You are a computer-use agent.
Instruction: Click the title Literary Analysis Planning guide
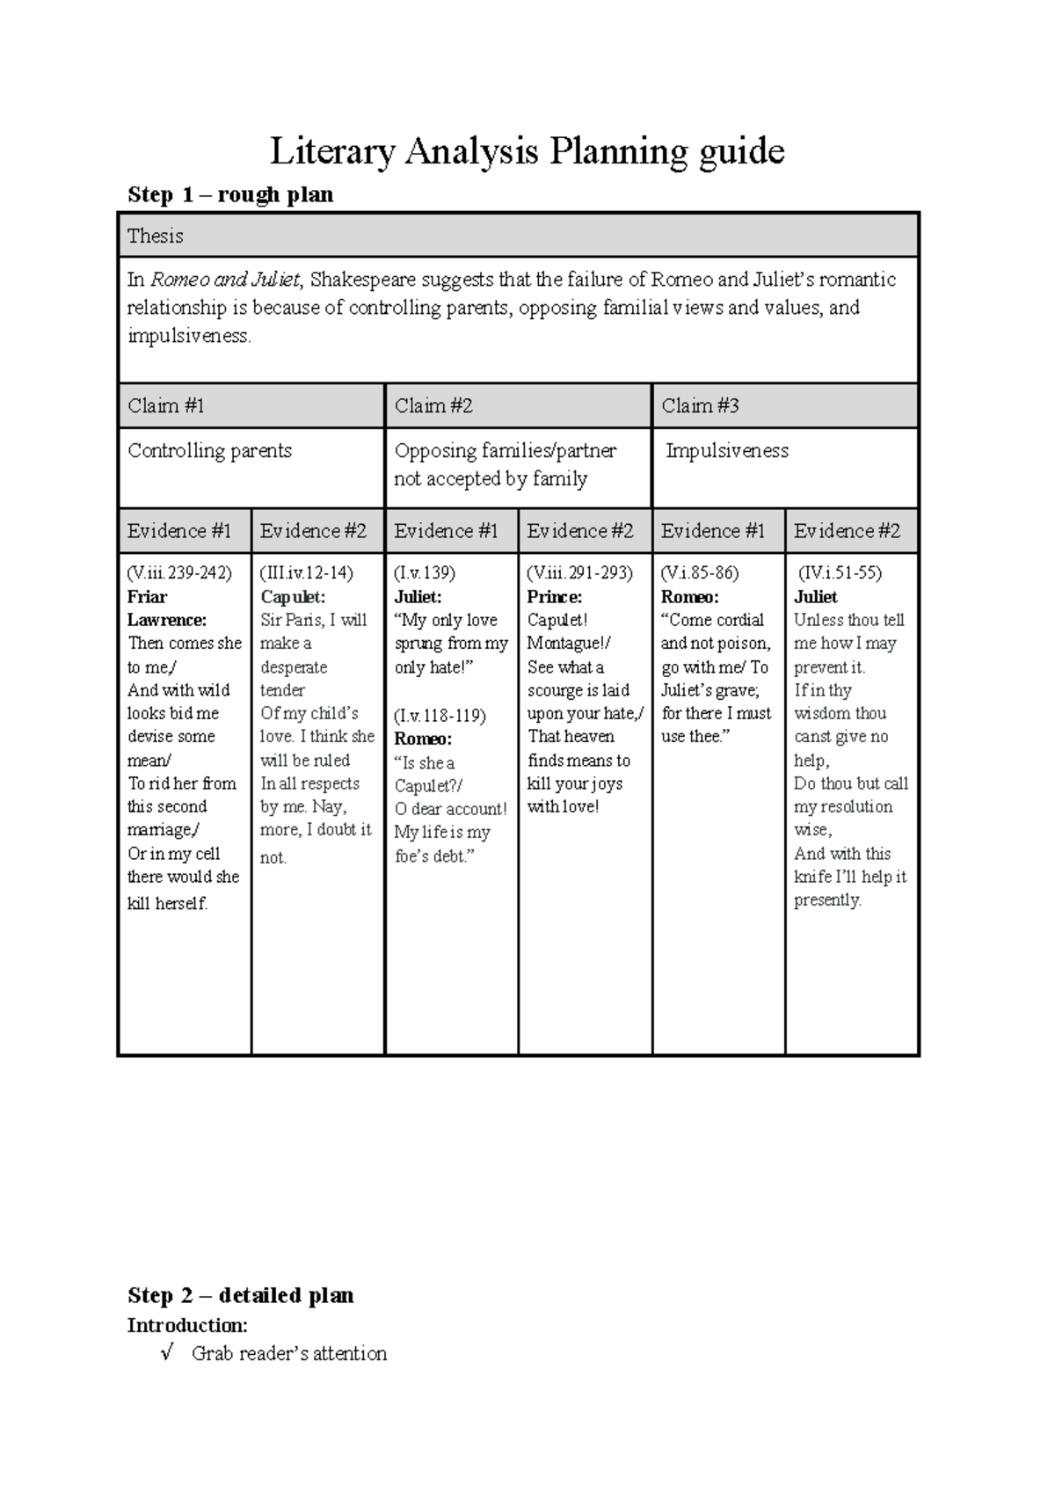coord(527,151)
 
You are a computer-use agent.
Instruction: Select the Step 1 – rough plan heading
coord(230,194)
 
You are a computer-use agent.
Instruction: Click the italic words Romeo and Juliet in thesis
coord(226,280)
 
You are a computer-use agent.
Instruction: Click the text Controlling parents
coord(209,450)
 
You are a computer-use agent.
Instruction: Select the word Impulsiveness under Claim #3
coord(727,450)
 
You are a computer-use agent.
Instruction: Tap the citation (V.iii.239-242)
coord(179,572)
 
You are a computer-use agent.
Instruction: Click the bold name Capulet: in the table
coord(293,596)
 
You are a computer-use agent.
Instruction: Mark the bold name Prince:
coord(554,596)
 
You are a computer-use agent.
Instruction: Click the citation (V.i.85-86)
coord(700,572)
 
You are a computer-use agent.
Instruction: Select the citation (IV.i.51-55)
coord(840,572)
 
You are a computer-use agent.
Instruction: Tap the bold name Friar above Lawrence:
coord(147,596)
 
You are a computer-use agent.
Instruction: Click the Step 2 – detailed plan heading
coord(240,1295)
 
